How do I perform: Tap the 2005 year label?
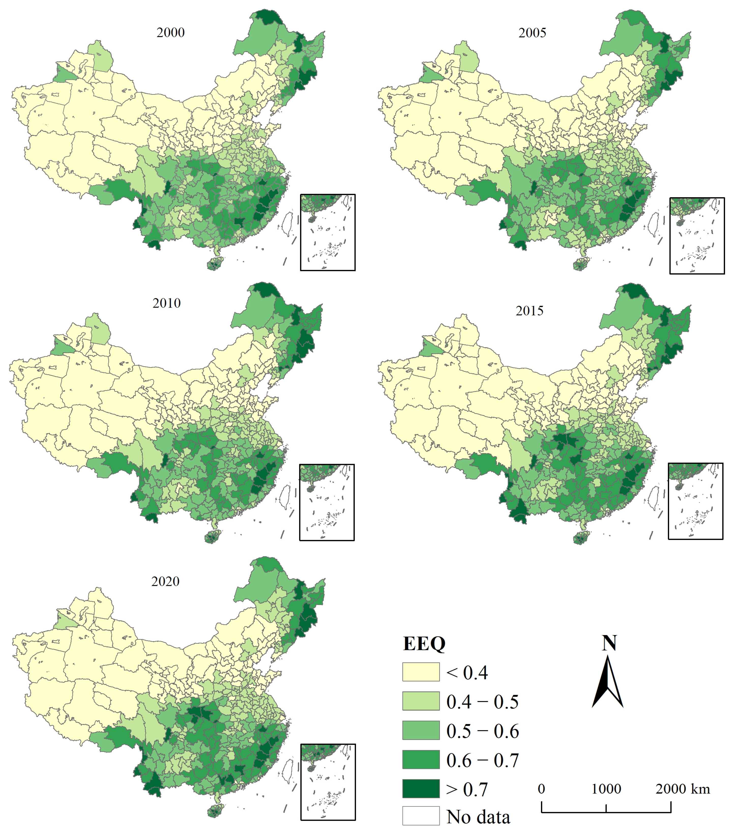pos(532,33)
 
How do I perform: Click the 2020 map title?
pos(165,581)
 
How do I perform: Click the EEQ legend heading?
pos(424,644)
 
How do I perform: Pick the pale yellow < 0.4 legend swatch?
pos(421,672)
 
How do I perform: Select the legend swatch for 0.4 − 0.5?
pos(421,701)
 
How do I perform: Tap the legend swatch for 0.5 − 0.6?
pos(421,730)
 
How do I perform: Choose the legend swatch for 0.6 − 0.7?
pos(421,760)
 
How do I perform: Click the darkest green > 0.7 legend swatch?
pos(421,788)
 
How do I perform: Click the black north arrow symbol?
pos(608,682)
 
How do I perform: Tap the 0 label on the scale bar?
pos(541,788)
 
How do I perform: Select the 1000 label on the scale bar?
pos(606,788)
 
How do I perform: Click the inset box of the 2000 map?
pos(328,232)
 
